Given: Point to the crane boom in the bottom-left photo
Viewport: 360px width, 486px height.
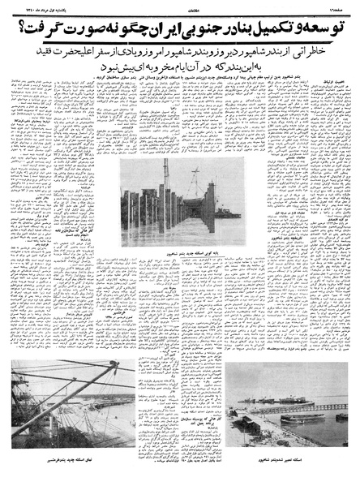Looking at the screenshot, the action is tap(49, 389).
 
